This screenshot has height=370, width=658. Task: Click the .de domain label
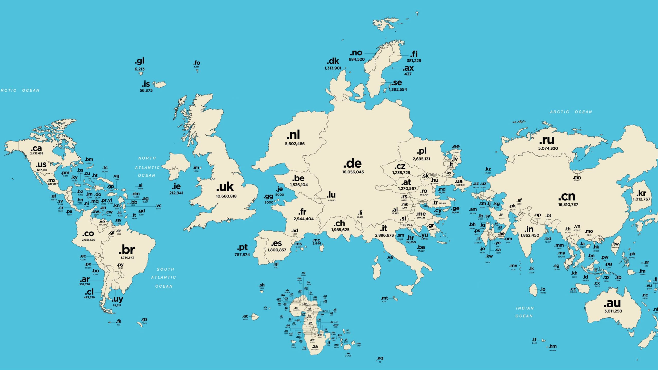(x=352, y=164)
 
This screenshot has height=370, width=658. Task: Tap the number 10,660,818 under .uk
(x=226, y=196)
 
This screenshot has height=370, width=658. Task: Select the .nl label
(x=293, y=135)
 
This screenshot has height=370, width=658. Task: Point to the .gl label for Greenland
(x=140, y=61)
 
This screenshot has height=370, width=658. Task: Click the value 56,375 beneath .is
(x=146, y=91)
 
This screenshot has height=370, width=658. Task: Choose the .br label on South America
(x=127, y=250)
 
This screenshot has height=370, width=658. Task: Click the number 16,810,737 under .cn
(x=568, y=205)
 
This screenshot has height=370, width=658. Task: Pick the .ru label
(x=547, y=140)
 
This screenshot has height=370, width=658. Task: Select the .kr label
(x=641, y=193)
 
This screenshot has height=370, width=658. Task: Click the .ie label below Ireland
(x=176, y=186)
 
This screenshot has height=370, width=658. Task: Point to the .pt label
(x=242, y=247)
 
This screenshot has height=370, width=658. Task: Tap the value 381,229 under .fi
(x=414, y=61)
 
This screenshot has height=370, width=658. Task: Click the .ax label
(x=408, y=68)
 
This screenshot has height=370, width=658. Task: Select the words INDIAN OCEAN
(x=524, y=312)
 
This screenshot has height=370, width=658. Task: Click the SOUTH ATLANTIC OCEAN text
(x=164, y=278)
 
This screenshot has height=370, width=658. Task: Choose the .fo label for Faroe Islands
(x=197, y=63)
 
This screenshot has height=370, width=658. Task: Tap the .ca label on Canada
(x=36, y=148)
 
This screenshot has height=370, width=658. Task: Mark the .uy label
(x=117, y=299)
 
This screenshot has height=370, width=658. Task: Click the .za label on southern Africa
(x=315, y=346)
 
